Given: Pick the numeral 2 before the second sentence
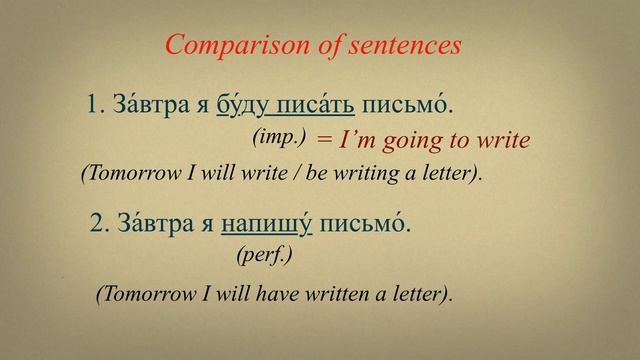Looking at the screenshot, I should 97,226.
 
